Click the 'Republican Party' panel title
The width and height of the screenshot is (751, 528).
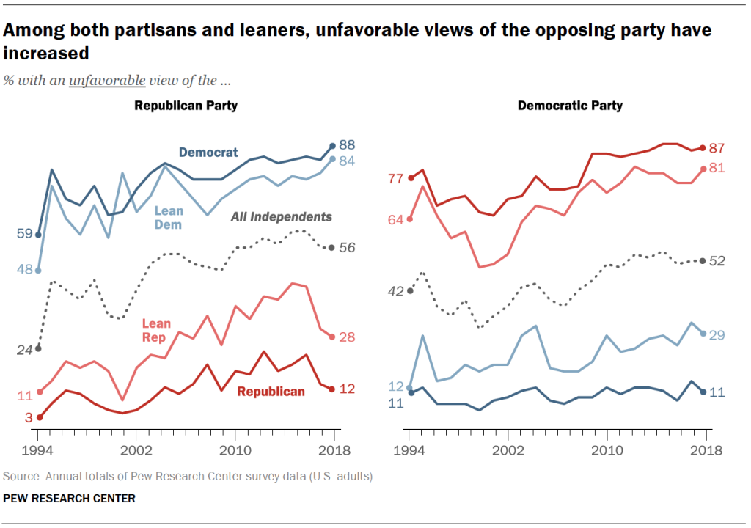point(186,106)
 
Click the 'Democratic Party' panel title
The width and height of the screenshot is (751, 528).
point(570,106)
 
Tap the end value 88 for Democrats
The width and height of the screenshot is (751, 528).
point(347,145)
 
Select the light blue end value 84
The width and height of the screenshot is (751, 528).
point(347,160)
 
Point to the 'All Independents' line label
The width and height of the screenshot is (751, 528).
point(281,217)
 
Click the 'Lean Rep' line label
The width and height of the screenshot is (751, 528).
point(156,330)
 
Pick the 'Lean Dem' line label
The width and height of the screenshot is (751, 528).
point(169,218)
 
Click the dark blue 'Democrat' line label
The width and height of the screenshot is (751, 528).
point(208,153)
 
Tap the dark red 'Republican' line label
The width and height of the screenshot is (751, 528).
point(271,392)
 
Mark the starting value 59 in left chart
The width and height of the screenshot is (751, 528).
point(23,234)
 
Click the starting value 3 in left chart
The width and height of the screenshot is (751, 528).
point(29,418)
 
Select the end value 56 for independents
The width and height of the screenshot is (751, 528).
point(347,248)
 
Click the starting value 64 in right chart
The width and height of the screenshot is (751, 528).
point(395,219)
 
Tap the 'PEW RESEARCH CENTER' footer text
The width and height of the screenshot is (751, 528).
point(69,499)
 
